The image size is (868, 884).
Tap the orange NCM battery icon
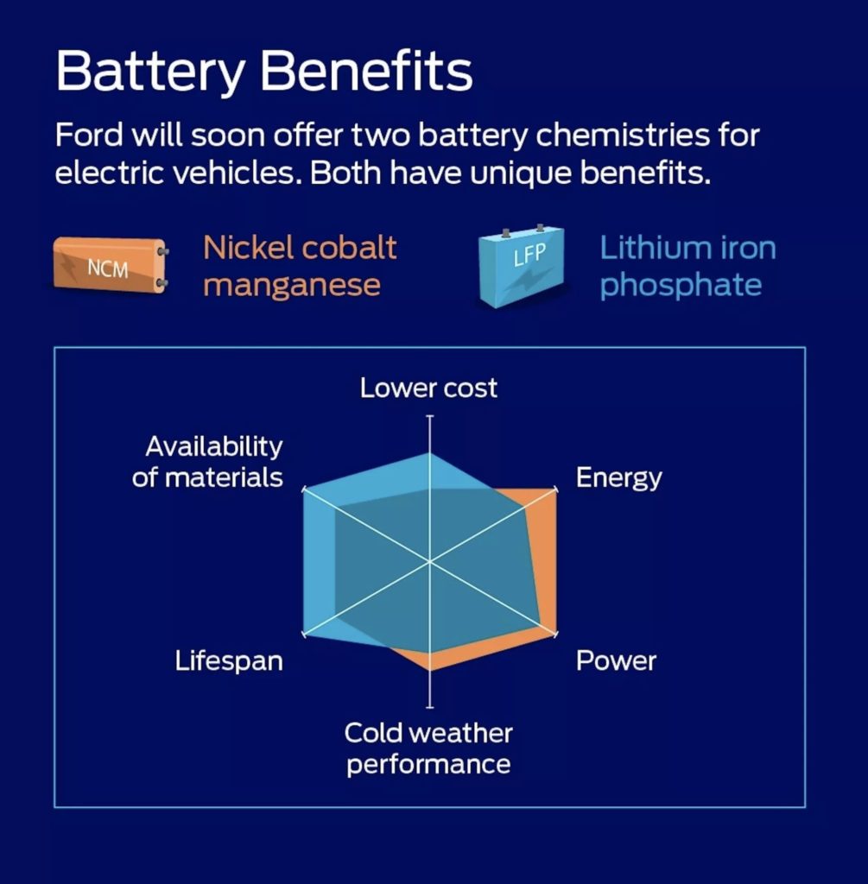point(111,265)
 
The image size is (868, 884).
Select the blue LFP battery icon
point(522,265)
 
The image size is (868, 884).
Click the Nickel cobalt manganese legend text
point(300,266)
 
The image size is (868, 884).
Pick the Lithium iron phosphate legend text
point(687,267)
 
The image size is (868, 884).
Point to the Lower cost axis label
point(428,388)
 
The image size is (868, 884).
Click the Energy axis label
point(618,478)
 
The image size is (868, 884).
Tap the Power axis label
point(616,660)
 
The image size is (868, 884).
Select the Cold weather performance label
point(428,748)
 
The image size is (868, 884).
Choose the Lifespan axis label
point(229,660)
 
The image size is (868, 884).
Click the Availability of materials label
point(207,462)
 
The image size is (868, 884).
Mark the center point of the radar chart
point(430,561)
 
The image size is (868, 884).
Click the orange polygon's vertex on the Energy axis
point(555,489)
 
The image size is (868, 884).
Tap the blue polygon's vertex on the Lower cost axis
point(430,452)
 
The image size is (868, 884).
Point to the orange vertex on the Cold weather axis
point(430,670)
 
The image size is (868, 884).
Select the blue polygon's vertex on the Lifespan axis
point(304,634)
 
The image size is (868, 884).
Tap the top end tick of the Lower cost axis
point(430,416)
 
